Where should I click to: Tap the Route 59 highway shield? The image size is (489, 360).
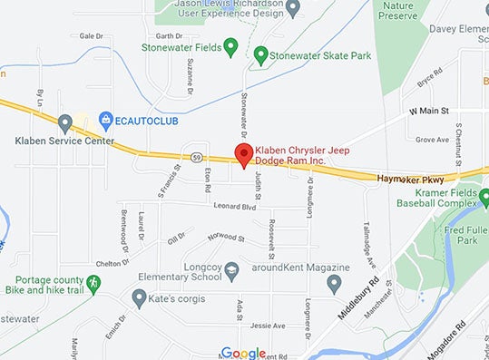click(197, 157)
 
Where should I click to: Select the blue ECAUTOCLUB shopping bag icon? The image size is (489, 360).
click(106, 118)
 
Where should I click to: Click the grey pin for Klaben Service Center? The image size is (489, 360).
click(65, 122)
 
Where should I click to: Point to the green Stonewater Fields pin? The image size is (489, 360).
click(230, 44)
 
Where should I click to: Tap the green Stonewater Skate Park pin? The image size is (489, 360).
click(261, 54)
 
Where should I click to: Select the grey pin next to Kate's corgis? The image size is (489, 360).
click(139, 297)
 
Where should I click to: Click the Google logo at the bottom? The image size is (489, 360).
click(243, 353)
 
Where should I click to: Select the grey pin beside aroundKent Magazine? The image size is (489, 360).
click(334, 284)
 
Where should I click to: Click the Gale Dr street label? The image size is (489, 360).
click(91, 36)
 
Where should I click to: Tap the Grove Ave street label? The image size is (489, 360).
click(432, 140)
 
